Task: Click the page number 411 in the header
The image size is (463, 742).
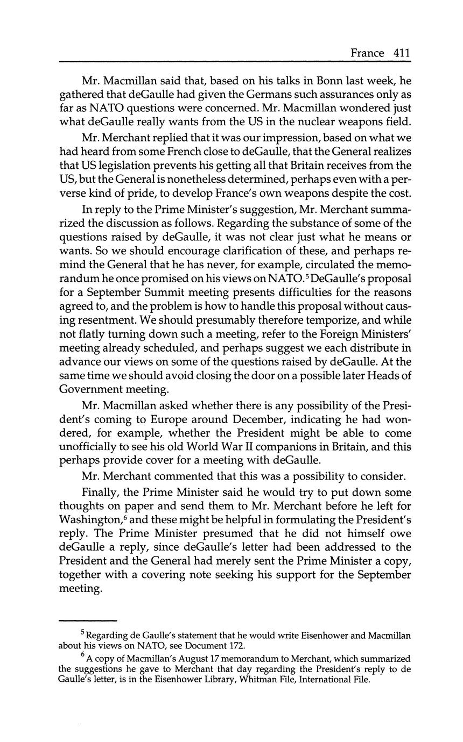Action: coord(402,53)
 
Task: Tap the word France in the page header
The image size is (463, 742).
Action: coord(367,53)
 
